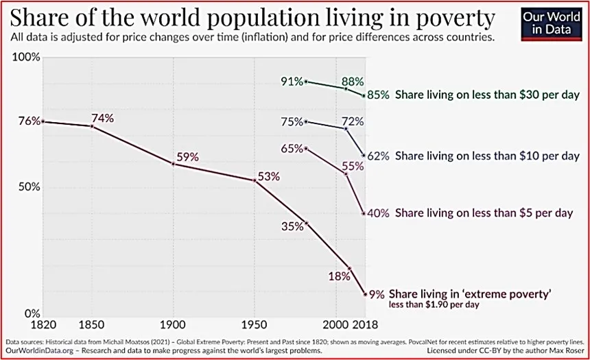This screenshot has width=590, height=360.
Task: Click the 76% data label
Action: point(29,121)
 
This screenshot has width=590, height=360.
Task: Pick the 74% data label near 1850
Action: point(103,117)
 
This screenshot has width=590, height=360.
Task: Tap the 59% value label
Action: point(187,156)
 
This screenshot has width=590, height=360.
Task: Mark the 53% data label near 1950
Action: point(269,176)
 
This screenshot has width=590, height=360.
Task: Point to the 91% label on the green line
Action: point(292,82)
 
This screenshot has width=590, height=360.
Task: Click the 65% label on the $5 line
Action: point(292,149)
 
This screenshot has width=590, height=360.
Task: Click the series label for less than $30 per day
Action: point(488,95)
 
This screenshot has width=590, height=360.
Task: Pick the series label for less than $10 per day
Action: point(488,156)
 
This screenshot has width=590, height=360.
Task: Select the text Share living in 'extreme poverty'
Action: point(471,293)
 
